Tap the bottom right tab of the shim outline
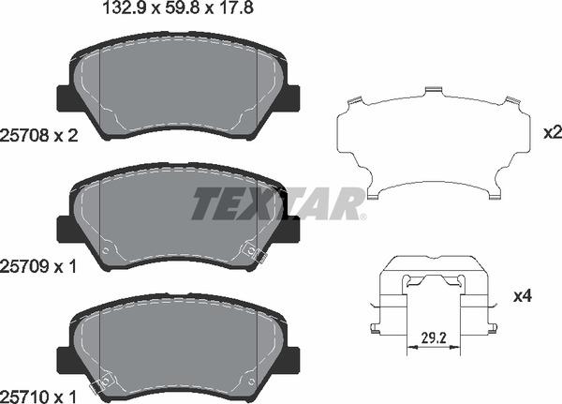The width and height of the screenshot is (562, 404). coord(492,195)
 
